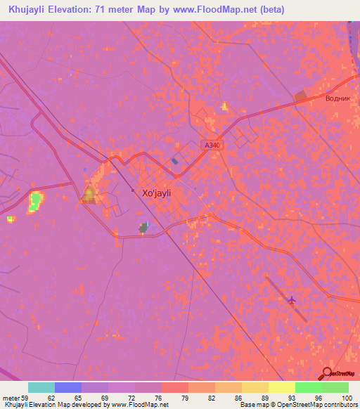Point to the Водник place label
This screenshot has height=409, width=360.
(337, 98)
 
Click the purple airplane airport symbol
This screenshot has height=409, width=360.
(292, 300)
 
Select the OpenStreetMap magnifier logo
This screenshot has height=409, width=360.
(328, 374)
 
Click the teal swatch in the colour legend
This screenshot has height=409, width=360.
(41, 387)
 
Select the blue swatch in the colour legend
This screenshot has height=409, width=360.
(68, 387)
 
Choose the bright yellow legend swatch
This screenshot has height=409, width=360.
(281, 387)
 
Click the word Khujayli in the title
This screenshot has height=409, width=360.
(32, 9)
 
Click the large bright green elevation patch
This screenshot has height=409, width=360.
(34, 203)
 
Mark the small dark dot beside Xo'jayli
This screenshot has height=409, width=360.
(133, 190)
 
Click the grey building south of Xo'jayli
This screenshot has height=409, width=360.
(144, 227)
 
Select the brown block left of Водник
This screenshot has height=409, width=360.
(300, 95)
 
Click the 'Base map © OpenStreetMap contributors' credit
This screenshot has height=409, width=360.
(297, 405)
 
